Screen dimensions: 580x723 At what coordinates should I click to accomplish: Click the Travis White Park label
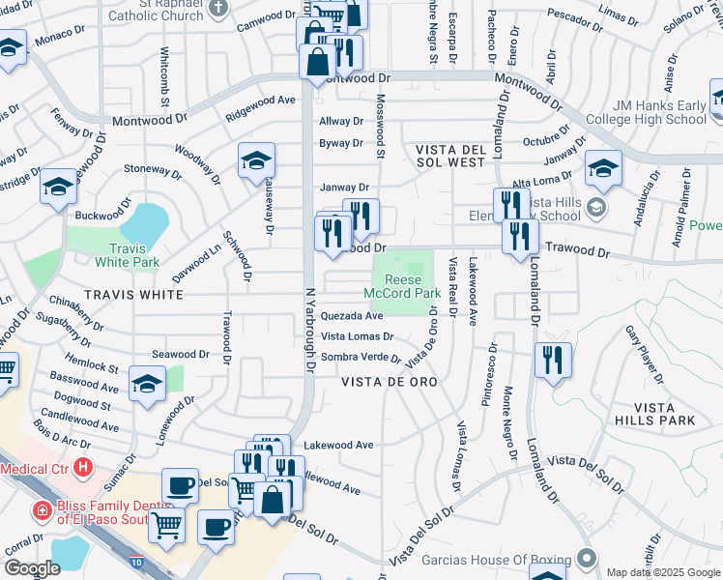pyautogui.click(x=128, y=254)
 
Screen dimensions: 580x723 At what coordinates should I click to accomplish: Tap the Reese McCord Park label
pyautogui.click(x=402, y=285)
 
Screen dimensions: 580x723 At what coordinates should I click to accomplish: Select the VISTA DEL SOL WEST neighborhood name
pyautogui.click(x=449, y=157)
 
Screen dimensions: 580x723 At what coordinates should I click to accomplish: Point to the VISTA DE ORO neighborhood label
pyautogui.click(x=390, y=382)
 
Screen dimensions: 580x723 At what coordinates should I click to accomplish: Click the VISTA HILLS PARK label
pyautogui.click(x=654, y=414)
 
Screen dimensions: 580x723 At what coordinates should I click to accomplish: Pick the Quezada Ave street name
pyautogui.click(x=352, y=315)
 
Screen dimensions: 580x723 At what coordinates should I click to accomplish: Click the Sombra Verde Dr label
pyautogui.click(x=361, y=358)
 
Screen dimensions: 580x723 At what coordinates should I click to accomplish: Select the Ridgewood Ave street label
pyautogui.click(x=260, y=100)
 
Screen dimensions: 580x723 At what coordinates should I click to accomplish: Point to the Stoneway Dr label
pyautogui.click(x=146, y=168)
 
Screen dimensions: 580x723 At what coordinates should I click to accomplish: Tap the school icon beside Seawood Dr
pyautogui.click(x=146, y=385)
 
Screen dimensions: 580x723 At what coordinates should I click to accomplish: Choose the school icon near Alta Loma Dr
pyautogui.click(x=602, y=169)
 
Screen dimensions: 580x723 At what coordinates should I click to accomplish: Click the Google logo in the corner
pyautogui.click(x=34, y=567)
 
